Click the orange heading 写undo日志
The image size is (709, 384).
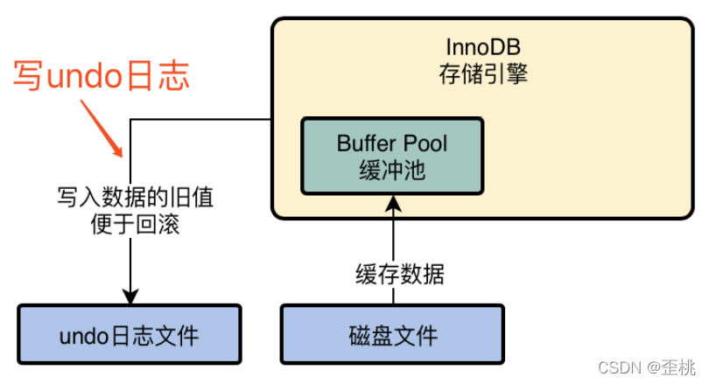[102, 76]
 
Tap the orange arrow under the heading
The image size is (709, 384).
[104, 128]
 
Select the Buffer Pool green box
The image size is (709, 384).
[391, 156]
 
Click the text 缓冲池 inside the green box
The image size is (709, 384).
[391, 170]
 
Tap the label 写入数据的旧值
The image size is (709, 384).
[130, 198]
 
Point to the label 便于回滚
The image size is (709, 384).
[130, 224]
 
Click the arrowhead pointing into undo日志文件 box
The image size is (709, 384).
[130, 296]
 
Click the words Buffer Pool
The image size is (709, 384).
[391, 143]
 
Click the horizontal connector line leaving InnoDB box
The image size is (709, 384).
[201, 120]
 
